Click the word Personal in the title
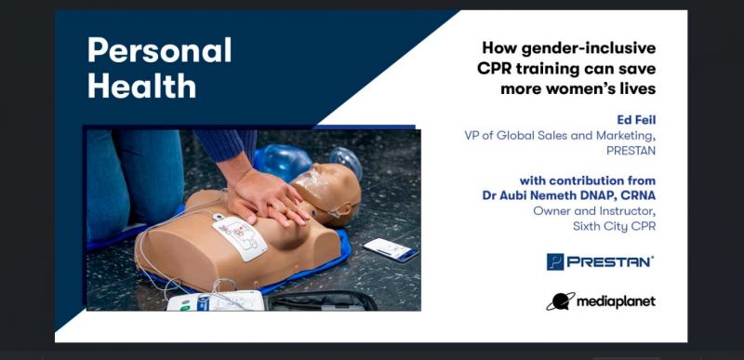pos(160,50)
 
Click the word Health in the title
pos(141,86)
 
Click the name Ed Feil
pos(636,119)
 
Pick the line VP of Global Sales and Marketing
pos(560,135)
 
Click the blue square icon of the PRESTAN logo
pos(556,262)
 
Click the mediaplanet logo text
pos(615,301)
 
